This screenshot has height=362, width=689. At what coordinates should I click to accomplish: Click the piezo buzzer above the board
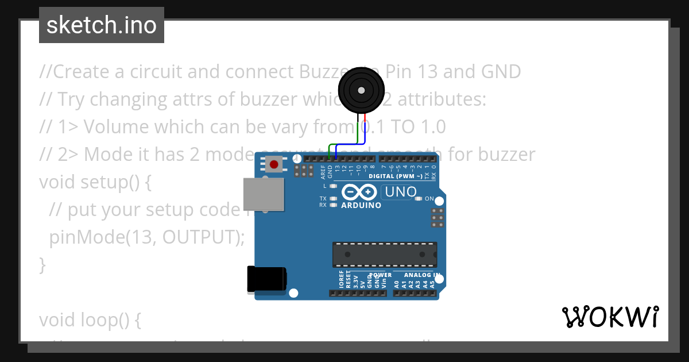pyautogui.click(x=361, y=91)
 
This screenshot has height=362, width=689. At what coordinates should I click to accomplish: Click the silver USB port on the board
pyautogui.click(x=264, y=194)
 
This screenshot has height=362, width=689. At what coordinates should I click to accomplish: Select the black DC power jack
pyautogui.click(x=266, y=279)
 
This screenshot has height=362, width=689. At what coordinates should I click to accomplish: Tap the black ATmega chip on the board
pyautogui.click(x=384, y=255)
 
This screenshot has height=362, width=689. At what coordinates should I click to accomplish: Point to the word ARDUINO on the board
pyautogui.click(x=361, y=205)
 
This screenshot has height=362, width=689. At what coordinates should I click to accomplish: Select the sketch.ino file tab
pyautogui.click(x=102, y=25)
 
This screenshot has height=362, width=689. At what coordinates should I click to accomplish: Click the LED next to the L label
pyautogui.click(x=333, y=186)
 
